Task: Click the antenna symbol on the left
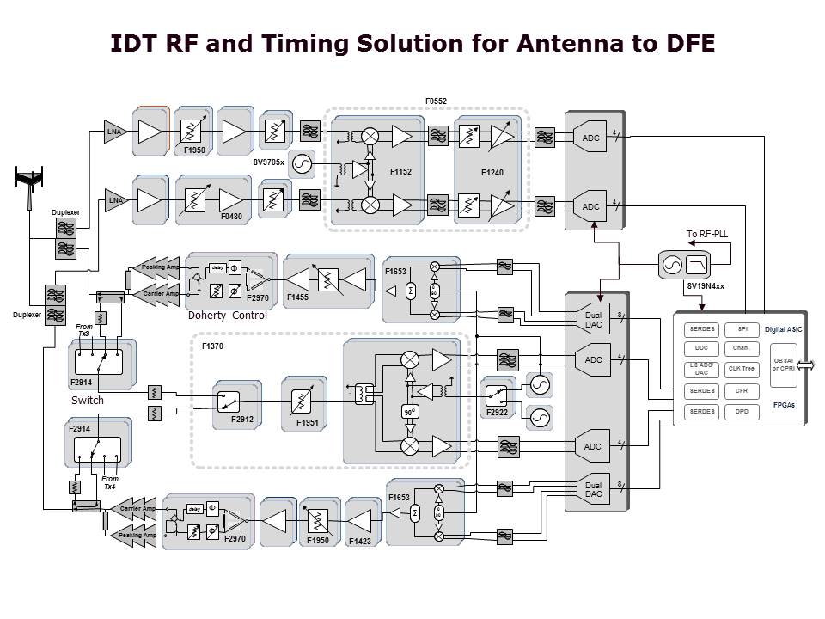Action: coord(30,181)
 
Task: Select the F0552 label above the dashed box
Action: coord(436,101)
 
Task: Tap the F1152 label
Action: coord(400,172)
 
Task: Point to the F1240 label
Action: coord(493,173)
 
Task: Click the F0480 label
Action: coord(231,217)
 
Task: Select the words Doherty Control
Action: coord(227,316)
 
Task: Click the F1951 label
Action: coord(308,422)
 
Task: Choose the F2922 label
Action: coord(498,413)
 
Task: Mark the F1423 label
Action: coord(362,542)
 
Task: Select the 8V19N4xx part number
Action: coord(706,285)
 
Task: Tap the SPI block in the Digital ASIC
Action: coord(742,329)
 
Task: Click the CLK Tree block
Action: coord(742,370)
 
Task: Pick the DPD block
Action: coord(742,411)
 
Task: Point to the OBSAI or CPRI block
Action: coord(784,365)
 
